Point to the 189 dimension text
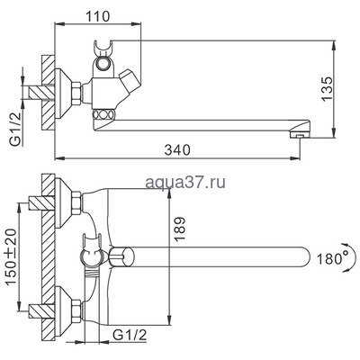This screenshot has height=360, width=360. tap(180, 232)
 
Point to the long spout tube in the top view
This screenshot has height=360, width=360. tap(207, 121)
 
